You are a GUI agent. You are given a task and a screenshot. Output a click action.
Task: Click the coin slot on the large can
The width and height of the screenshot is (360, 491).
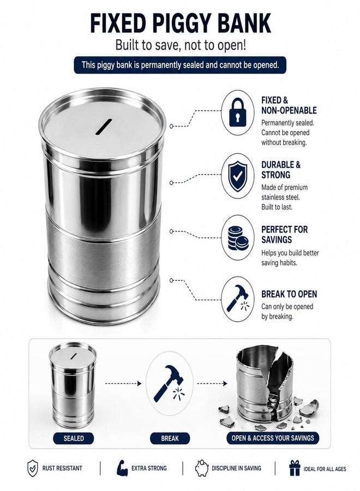(104, 127)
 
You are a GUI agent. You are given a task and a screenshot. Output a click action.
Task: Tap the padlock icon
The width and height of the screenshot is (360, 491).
(238, 112)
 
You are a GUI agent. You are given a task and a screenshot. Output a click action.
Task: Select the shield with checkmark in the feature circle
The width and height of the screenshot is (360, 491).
(238, 176)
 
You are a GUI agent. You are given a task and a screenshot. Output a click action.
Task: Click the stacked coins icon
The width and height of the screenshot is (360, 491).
(238, 238)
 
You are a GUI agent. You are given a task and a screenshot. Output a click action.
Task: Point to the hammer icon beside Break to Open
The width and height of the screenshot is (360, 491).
(238, 298)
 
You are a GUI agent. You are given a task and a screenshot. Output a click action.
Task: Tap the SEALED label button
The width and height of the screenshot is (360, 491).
(74, 438)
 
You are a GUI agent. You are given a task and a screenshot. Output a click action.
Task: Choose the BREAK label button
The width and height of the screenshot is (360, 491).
(170, 438)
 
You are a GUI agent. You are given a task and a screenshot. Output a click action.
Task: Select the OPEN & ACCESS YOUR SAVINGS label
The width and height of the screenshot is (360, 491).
(273, 438)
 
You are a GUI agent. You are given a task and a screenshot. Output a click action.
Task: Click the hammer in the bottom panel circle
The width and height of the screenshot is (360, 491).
(169, 383)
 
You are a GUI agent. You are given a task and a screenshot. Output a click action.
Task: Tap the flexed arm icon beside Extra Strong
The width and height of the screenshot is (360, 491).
(122, 468)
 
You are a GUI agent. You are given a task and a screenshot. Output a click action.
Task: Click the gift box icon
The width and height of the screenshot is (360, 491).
(295, 468)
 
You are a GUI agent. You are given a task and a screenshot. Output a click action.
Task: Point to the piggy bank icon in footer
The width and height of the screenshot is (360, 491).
(202, 468)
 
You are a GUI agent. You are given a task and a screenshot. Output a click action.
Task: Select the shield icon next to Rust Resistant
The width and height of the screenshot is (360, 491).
(33, 468)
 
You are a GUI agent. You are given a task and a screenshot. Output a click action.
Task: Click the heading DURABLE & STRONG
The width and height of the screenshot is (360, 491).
(281, 170)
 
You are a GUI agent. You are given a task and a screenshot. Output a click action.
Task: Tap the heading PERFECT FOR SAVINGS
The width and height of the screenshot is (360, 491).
(285, 235)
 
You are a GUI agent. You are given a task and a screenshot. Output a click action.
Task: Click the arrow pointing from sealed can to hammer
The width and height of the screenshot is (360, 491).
(123, 384)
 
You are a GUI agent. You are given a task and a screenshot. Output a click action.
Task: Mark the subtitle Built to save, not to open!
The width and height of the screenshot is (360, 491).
(181, 45)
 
